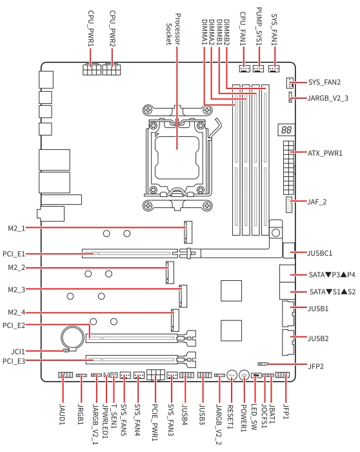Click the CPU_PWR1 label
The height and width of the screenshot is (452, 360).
click(91, 28)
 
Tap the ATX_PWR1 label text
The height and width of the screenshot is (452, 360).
click(325, 153)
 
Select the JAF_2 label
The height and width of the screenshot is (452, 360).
click(317, 201)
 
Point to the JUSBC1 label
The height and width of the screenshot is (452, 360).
click(320, 253)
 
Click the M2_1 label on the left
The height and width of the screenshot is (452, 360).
click(16, 229)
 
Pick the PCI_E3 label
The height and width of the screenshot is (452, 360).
click(14, 361)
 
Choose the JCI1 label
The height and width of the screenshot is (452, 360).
click(18, 351)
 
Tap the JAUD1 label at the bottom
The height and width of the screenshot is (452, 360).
click(63, 414)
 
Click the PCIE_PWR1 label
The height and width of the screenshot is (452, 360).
click(155, 422)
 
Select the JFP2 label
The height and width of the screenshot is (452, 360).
click(315, 366)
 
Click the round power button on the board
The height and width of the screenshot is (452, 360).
click(245, 375)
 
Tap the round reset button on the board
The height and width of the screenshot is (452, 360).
click(232, 375)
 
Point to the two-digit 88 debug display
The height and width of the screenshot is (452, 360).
click(286, 130)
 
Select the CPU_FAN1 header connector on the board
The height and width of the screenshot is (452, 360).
click(245, 68)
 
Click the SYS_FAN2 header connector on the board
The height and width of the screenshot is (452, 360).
click(290, 83)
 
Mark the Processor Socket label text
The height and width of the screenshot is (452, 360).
click(174, 29)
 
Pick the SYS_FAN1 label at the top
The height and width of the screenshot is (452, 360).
click(274, 30)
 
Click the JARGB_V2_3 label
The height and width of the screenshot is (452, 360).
click(328, 98)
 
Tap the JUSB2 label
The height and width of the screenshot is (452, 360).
click(318, 338)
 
